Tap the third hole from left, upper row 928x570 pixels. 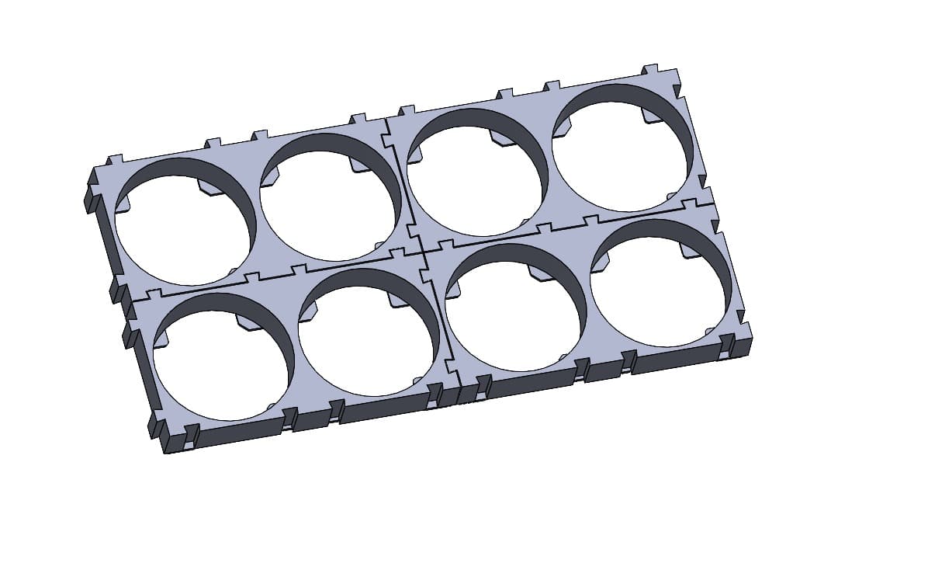474,172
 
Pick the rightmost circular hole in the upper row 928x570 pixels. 621,148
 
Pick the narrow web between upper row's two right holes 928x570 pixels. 547,160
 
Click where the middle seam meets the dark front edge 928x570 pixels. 459,384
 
